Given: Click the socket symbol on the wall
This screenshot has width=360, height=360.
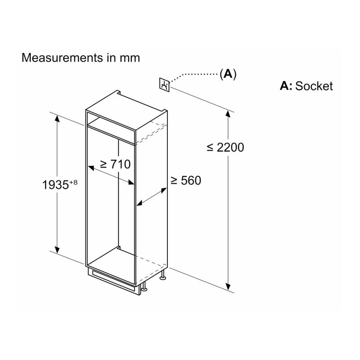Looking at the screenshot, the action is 164,85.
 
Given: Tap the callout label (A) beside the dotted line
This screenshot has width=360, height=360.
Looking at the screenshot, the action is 228,74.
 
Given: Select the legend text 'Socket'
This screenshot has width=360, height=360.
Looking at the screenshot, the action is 314,86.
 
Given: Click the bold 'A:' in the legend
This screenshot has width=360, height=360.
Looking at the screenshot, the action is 286,86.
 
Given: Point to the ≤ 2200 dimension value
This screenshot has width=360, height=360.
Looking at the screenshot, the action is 225,148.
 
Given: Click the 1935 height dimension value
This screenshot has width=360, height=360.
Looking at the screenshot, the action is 55,185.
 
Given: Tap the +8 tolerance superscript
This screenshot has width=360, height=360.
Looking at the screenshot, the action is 73,182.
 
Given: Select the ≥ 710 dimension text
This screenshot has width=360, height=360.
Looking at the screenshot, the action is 116,164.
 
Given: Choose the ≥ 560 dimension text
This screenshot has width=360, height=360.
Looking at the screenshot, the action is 186,180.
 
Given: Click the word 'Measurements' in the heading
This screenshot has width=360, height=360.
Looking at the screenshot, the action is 62,58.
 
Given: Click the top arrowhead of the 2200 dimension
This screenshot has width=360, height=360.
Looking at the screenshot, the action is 228,114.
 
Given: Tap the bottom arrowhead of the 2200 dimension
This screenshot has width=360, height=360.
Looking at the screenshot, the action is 228,287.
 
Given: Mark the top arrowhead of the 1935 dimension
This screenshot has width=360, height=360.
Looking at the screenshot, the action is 57,119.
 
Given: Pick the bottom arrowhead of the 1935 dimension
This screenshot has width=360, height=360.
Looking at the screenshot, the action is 57,250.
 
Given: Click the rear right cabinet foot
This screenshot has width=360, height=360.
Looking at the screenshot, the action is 163,274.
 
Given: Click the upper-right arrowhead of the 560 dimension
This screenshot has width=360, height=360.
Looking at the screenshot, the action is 164,190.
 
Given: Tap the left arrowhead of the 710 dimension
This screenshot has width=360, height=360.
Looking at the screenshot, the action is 91,168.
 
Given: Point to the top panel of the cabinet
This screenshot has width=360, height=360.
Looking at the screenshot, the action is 126,111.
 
